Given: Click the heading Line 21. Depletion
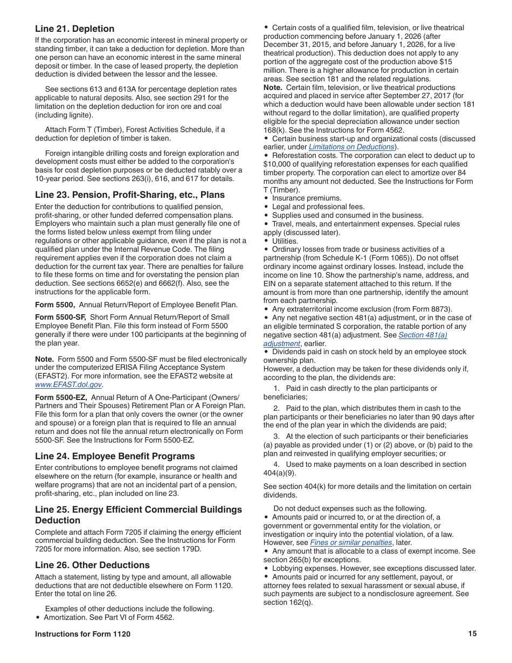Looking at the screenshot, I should pyautogui.click(x=75, y=29).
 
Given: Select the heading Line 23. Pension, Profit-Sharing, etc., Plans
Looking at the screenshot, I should pyautogui.click(x=130, y=195).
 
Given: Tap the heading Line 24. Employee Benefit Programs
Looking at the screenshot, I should pyautogui.click(x=115, y=456).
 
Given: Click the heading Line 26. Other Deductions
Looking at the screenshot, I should pyautogui.click(x=92, y=565).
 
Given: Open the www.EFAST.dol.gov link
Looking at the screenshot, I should pyautogui.click(x=68, y=384).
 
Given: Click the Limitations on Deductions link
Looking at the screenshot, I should pyautogui.click(x=351, y=147).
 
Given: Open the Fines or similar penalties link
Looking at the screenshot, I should pyautogui.click(x=351, y=542).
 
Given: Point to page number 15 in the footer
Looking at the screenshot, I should pyautogui.click(x=472, y=634).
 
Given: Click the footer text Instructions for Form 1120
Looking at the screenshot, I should pyautogui.click(x=82, y=634).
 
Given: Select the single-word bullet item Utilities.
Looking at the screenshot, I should pyautogui.click(x=285, y=241).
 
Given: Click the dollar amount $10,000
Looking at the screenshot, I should pyautogui.click(x=277, y=164).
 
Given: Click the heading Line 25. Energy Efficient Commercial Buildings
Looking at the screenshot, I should pyautogui.click(x=139, y=509).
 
